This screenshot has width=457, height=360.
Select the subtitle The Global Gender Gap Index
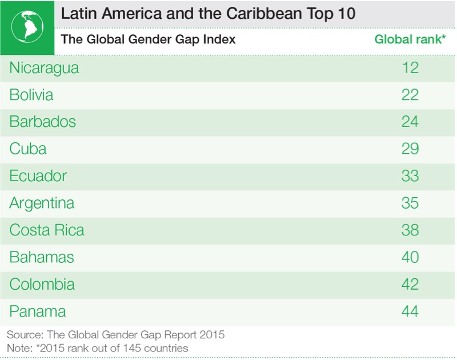[149, 40]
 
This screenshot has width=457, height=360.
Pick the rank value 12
[410, 68]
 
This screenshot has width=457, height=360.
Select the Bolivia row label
[31, 95]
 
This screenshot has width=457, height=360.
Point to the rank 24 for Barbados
[410, 122]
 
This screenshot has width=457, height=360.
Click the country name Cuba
[28, 149]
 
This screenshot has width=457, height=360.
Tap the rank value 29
[410, 149]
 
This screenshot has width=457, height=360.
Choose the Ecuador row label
[38, 176]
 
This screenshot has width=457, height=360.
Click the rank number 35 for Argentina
[410, 203]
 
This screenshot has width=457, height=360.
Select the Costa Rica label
[47, 230]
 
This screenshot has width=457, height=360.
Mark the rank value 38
[410, 230]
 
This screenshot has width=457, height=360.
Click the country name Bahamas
[42, 258]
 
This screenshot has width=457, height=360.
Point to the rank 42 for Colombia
[410, 285]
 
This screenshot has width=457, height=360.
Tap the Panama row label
[38, 311]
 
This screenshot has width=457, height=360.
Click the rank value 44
[410, 311]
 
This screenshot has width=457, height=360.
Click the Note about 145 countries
[97, 347]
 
